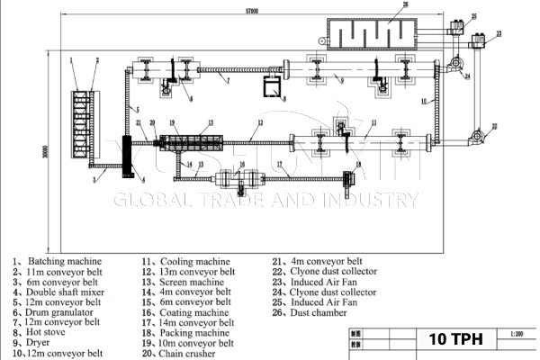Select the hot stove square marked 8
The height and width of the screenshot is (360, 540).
[269, 87]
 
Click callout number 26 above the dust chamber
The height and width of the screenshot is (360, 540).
[404, 6]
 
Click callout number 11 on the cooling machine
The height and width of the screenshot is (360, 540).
[373, 122]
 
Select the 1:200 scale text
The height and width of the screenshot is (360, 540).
[515, 333]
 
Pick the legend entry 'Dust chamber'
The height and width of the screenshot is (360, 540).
[324, 312]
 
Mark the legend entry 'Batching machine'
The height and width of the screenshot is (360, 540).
[58, 262]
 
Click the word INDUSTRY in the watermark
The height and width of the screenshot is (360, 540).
[369, 200]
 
